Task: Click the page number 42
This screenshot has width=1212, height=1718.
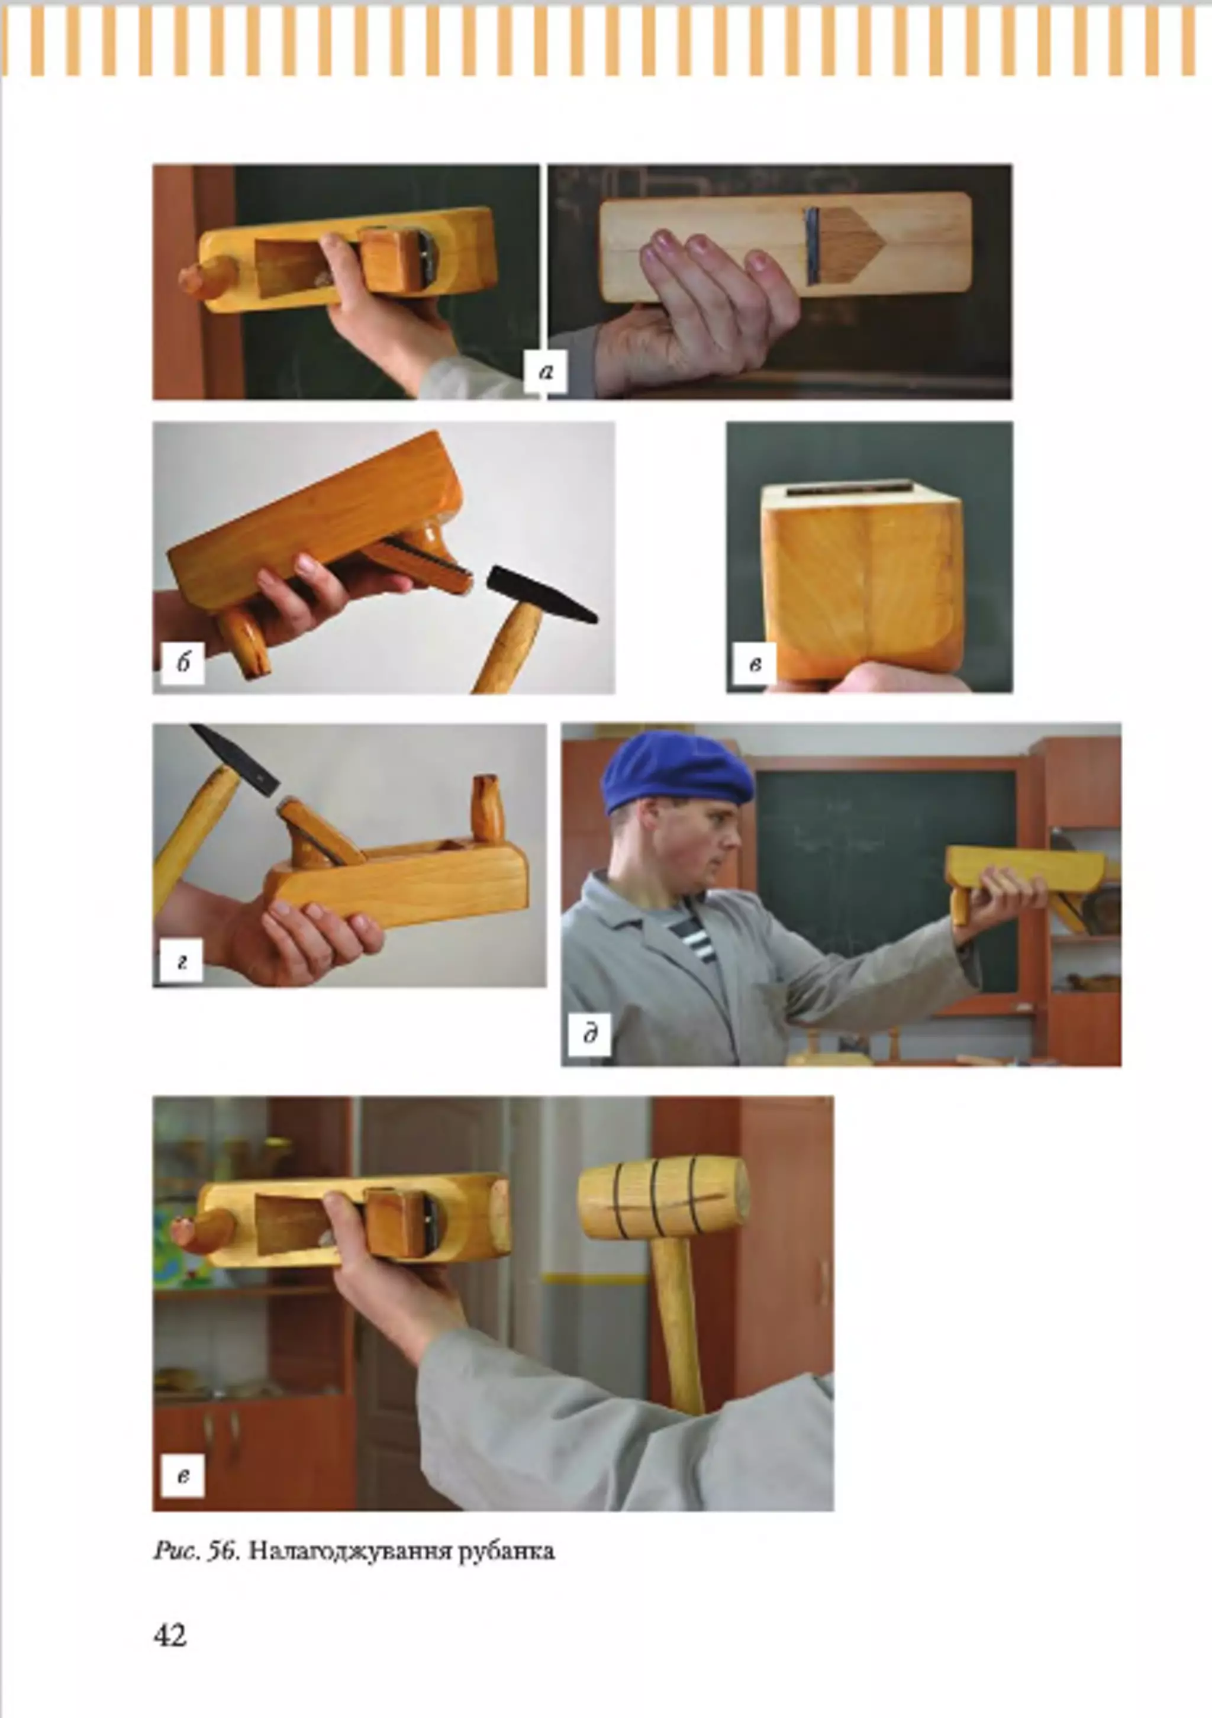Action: pos(170,1635)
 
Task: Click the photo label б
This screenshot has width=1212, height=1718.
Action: pos(182,662)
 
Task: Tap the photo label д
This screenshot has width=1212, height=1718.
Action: pos(589,1035)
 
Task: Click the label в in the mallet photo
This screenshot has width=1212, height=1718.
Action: pos(182,1474)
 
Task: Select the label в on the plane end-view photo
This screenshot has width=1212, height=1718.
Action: pos(756,663)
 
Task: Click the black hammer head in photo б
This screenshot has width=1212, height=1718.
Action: pos(540,594)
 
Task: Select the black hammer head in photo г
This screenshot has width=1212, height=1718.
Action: pos(235,759)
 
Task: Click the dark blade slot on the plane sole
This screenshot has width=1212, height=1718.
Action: pos(813,246)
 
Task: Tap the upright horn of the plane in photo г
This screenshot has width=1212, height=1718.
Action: pos(487,809)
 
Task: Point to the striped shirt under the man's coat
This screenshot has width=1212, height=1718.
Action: pos(692,932)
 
